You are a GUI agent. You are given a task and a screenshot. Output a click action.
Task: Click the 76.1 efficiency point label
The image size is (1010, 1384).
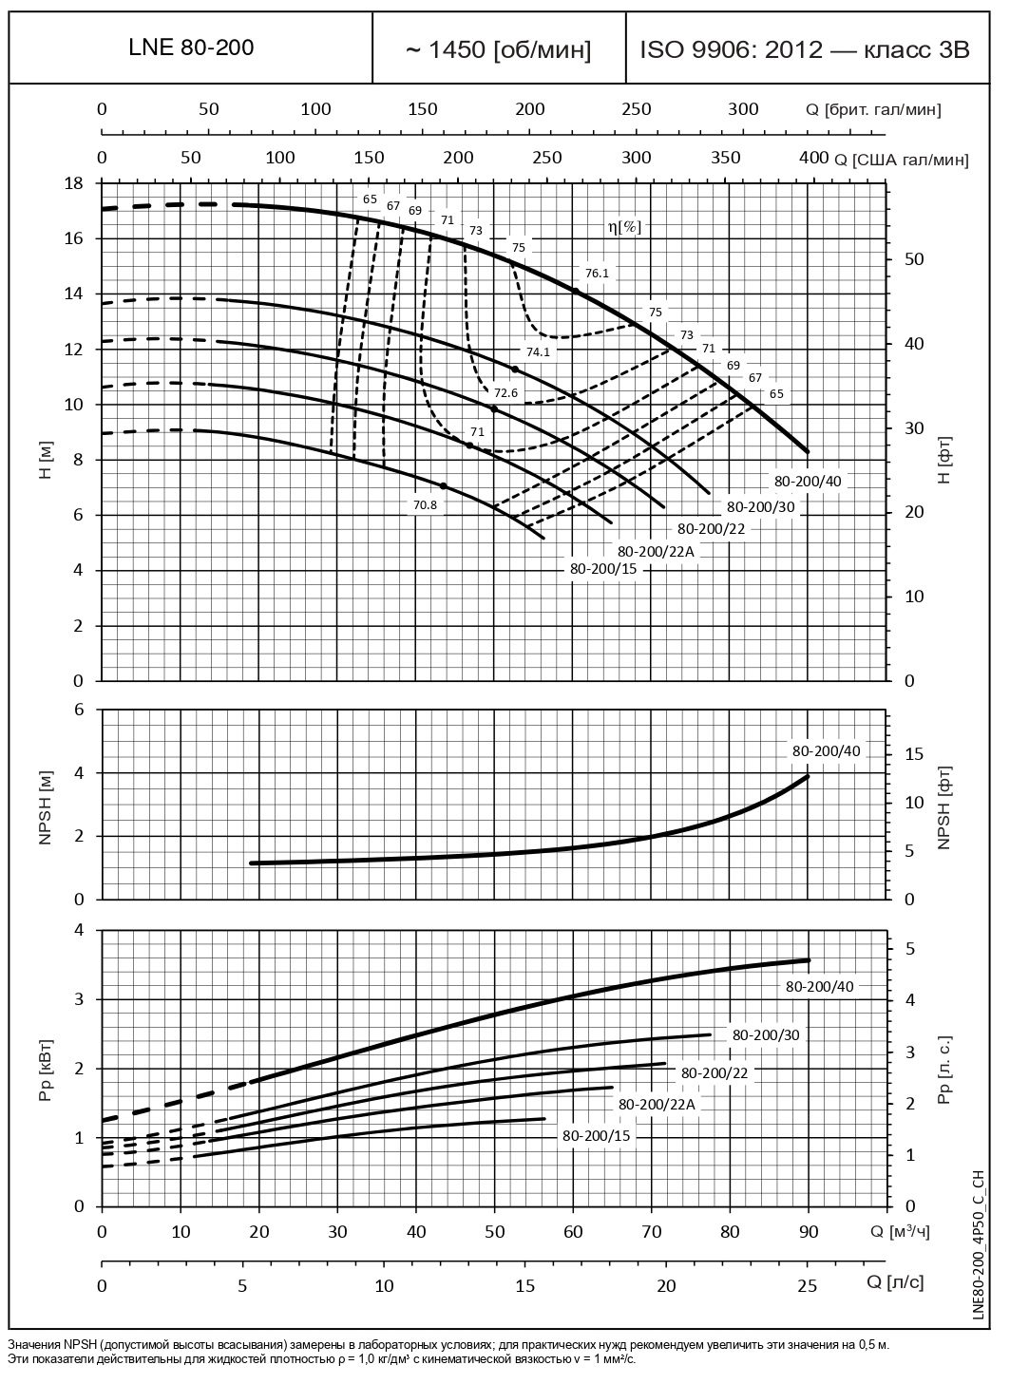597,274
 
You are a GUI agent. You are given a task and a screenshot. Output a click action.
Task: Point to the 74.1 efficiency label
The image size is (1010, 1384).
539,351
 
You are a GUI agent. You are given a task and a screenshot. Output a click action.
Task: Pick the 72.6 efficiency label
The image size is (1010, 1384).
505,393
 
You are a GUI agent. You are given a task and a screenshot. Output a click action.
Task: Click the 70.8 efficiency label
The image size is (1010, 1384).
425,505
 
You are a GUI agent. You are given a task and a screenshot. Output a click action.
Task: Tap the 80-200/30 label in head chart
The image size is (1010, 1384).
761,507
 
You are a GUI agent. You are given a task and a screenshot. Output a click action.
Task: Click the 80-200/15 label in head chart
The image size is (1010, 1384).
603,569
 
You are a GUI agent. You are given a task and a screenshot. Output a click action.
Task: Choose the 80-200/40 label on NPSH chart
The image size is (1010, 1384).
827,751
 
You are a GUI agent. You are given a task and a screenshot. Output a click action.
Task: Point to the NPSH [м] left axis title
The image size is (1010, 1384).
46,805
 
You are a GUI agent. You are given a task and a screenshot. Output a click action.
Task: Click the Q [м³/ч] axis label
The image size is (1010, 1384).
898,1232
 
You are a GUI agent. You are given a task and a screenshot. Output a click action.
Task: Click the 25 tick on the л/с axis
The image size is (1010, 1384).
807,1285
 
